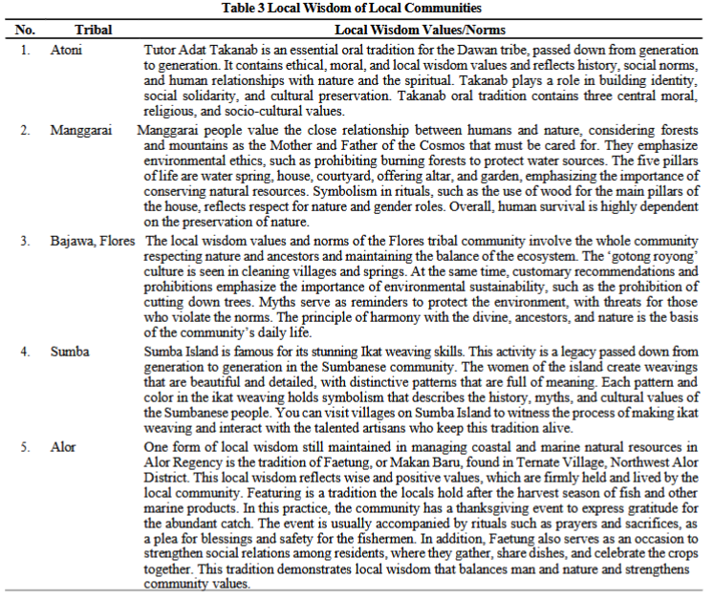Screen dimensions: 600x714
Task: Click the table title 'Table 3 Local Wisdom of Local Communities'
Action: click(357, 9)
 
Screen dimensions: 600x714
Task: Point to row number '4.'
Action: click(26, 352)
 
